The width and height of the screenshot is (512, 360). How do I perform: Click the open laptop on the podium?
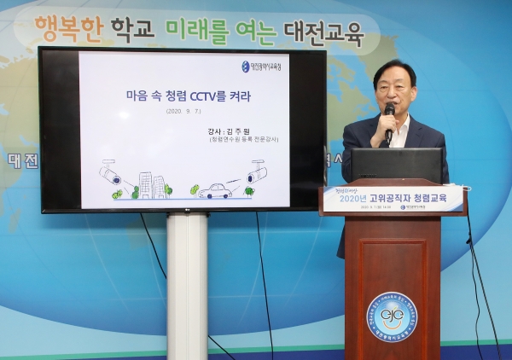397,165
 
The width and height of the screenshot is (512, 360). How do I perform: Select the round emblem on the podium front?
392,316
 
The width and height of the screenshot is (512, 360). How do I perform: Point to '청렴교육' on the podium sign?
438,199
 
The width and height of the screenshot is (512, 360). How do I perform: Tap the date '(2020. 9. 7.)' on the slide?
184,111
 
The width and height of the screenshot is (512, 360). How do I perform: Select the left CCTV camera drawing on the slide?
111,174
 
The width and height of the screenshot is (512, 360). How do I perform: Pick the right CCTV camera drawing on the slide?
256,172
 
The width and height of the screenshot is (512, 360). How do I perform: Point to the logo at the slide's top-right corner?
261,66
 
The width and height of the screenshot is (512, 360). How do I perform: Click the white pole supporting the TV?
187,286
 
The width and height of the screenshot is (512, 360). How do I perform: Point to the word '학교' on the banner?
132,31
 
